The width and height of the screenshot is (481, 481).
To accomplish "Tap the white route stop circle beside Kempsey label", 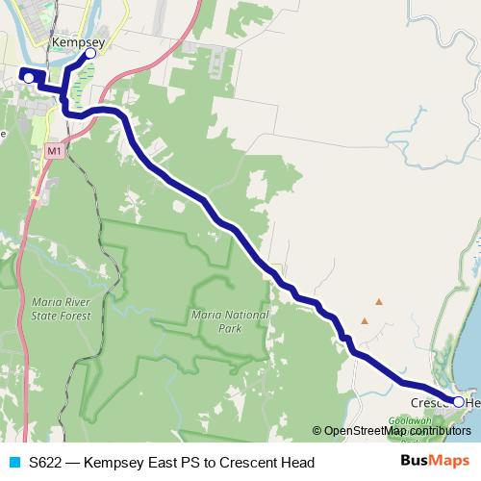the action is tap(90, 54).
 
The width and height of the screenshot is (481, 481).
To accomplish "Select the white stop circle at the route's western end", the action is tap(28, 77).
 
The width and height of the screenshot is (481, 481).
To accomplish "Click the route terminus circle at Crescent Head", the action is tap(458, 402).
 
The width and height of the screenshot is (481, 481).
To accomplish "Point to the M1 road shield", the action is tap(53, 151).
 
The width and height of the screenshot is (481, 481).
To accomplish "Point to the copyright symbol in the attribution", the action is tap(316, 431).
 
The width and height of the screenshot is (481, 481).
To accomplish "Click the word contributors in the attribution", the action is tap(439, 431).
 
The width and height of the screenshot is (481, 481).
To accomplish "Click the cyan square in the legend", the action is tap(13, 463).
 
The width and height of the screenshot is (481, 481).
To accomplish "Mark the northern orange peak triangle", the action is tap(379, 302).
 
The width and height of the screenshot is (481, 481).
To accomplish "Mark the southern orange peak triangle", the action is tap(365, 320).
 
